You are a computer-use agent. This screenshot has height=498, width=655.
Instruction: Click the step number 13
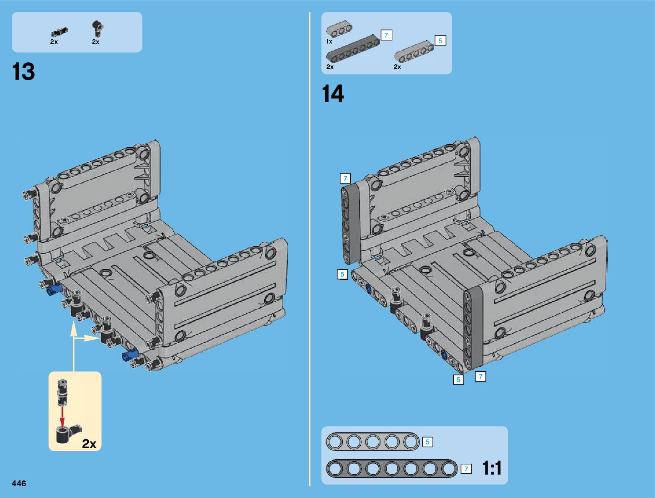[23, 72]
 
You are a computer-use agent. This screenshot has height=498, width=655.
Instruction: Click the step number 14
[333, 94]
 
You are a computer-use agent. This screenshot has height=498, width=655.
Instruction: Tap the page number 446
[19, 483]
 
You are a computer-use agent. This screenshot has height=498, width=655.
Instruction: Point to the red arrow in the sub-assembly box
[62, 416]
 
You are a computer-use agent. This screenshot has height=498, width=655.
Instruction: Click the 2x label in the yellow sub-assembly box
[89, 444]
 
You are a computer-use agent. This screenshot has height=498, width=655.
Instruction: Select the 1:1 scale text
[492, 468]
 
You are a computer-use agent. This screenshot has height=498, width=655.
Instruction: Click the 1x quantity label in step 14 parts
[329, 41]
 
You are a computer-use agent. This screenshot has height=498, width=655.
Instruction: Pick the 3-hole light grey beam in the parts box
[339, 29]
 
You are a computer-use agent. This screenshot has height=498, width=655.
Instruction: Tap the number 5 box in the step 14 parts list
[440, 41]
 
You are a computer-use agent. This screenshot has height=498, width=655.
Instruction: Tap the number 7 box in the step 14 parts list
[386, 35]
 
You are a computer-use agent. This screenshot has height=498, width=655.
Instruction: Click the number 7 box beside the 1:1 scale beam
[466, 469]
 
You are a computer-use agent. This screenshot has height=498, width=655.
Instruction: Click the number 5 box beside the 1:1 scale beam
[427, 442]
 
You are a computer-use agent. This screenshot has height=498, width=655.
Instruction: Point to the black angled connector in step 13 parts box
[97, 28]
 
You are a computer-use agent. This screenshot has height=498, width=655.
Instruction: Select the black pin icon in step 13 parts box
[59, 32]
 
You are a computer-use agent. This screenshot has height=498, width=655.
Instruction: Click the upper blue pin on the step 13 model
[54, 289]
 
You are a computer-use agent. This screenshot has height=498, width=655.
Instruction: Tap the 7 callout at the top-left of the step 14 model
[345, 178]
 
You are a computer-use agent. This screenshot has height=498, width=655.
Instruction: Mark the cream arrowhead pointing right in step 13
[91, 338]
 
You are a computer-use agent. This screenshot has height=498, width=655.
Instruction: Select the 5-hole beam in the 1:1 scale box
[373, 442]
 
